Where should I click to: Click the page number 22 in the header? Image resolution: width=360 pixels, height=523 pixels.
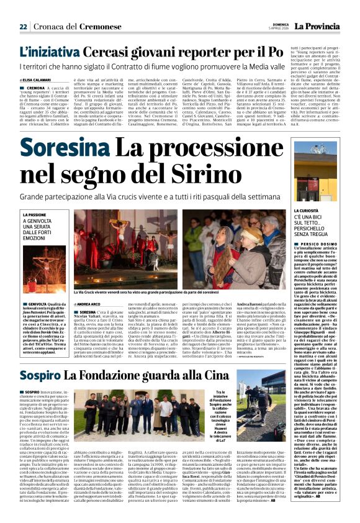click(23, 27)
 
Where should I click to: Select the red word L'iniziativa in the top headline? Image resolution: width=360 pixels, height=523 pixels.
click(50, 53)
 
